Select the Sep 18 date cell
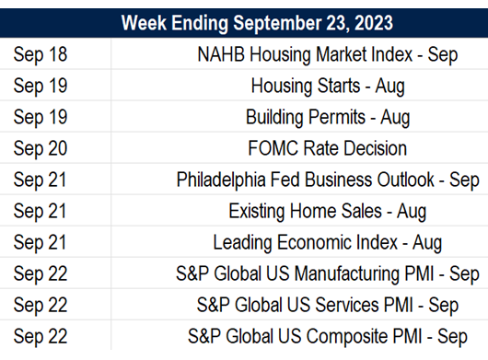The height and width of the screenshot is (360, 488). [41, 54]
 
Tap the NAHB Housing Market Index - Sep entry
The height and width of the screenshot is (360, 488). [327, 54]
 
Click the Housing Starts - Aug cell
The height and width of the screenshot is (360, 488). [327, 87]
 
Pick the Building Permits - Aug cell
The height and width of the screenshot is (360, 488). [327, 118]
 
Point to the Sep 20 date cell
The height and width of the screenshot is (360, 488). [41, 148]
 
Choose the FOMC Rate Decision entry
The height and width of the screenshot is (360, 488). [327, 148]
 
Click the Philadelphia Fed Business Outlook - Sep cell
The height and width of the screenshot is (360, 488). [327, 180]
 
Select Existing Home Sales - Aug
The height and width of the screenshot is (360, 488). [327, 212]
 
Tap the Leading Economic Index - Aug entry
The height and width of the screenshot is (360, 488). [327, 243]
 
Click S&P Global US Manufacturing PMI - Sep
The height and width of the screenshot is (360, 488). [327, 274]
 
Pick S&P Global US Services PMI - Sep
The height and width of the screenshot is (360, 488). [327, 306]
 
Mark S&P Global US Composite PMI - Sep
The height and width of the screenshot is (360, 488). [327, 336]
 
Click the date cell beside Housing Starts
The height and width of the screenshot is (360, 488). [41, 87]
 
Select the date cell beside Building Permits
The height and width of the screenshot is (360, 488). [41, 118]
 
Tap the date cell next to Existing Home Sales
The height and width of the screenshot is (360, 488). [41, 212]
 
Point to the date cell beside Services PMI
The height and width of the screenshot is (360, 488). [41, 306]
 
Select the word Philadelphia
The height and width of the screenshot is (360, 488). [217, 180]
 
